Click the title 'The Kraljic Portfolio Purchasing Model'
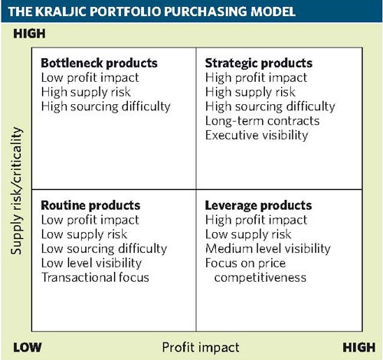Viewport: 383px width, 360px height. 152,11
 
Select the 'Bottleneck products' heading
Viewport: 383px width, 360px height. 99,63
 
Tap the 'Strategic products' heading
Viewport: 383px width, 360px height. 259,64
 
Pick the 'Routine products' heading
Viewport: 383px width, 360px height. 90,205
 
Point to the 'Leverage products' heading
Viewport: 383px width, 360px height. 258,206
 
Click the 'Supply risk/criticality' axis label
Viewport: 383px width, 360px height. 17,191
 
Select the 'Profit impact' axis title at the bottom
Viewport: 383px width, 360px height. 201,348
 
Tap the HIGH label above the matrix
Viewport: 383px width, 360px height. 29,34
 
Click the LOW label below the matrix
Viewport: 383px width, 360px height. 28,348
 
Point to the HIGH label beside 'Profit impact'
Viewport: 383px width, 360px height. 359,348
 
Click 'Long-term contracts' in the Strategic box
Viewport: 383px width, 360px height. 262,121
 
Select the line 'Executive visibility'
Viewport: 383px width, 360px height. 257,135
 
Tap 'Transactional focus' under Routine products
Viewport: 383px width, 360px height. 95,277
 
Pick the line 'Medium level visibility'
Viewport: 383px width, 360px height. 268,249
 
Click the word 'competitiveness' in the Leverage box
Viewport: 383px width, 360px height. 260,278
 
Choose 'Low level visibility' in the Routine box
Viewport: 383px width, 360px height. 91,263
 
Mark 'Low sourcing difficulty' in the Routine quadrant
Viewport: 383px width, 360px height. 104,249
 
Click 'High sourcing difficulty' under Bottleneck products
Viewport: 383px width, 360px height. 106,106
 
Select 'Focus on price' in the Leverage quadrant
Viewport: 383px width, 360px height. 245,263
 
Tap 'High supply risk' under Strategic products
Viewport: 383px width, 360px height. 250,92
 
